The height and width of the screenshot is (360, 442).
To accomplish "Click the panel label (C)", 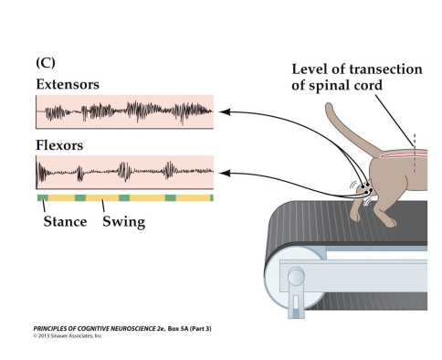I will click(x=47, y=64).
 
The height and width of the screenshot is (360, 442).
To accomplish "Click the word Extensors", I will click(x=68, y=85).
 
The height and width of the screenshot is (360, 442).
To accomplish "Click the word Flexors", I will click(x=59, y=144).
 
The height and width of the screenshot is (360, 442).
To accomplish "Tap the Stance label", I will click(x=64, y=220).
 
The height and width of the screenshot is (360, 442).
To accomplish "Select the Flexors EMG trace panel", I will click(x=124, y=171).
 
